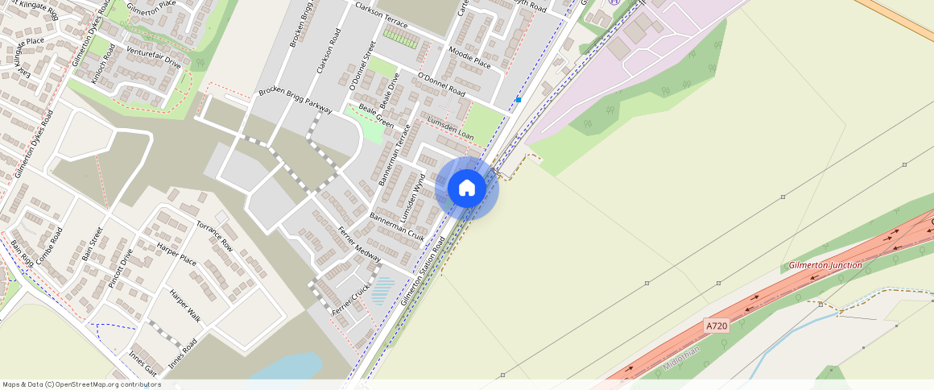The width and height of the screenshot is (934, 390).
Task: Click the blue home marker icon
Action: [x=467, y=189]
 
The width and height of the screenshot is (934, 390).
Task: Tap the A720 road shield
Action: [x=716, y=326]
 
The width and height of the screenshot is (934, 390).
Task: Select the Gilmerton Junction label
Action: [x=825, y=265]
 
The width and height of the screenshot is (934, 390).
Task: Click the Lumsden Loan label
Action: [x=449, y=128]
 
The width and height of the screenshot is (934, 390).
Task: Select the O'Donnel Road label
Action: [x=441, y=85]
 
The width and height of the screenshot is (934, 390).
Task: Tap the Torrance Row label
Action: [x=215, y=234]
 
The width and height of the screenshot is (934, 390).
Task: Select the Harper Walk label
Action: [x=184, y=306]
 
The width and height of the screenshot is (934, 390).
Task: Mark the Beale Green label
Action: [x=376, y=118]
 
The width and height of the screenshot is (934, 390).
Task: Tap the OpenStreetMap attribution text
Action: [x=82, y=384]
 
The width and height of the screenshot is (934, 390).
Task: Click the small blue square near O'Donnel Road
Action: [x=519, y=100]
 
